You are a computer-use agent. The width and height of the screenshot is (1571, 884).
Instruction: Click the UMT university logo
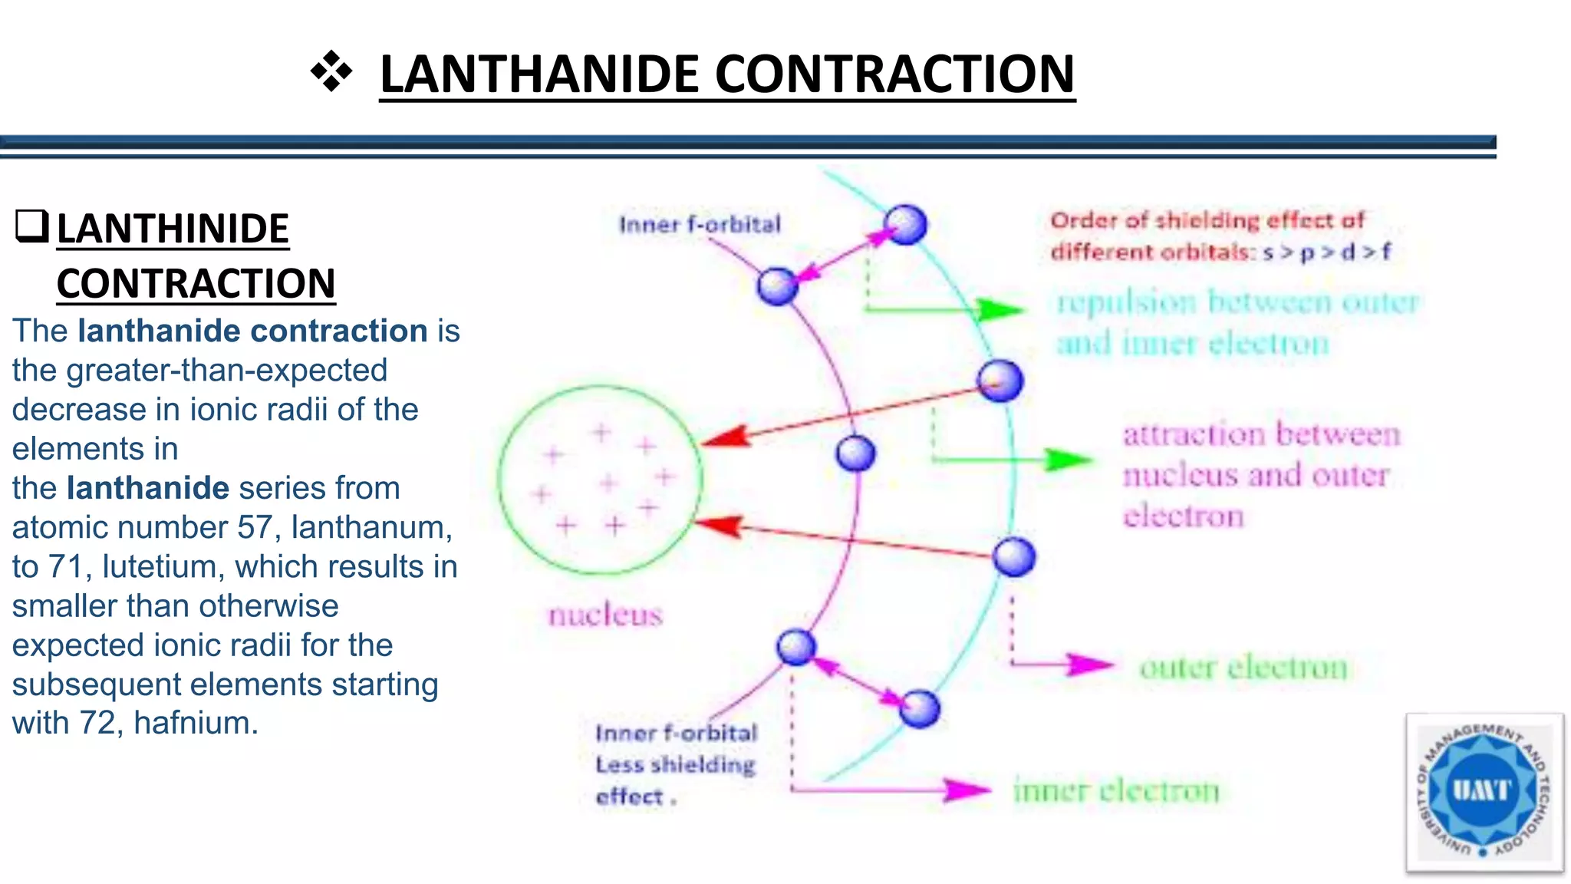coord(1484,793)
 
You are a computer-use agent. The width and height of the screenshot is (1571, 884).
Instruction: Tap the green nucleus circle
coord(600,480)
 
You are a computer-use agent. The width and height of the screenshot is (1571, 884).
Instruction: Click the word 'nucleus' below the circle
coord(605,615)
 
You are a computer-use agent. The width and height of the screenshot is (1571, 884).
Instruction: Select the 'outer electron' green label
coord(1243,667)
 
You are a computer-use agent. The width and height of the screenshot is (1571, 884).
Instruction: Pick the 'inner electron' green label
coord(1116,790)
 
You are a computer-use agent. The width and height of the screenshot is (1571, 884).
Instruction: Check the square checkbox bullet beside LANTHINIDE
coord(31,227)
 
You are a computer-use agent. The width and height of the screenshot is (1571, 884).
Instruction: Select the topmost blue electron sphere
coord(905,225)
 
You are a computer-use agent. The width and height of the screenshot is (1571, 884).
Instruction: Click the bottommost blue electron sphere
coord(919,708)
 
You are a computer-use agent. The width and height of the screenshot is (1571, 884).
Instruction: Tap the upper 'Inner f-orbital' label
coord(700,224)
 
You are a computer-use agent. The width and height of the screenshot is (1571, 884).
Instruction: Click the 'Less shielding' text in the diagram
coord(675,765)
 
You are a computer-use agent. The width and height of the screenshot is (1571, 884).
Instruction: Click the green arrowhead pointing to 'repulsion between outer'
coord(1001,310)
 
